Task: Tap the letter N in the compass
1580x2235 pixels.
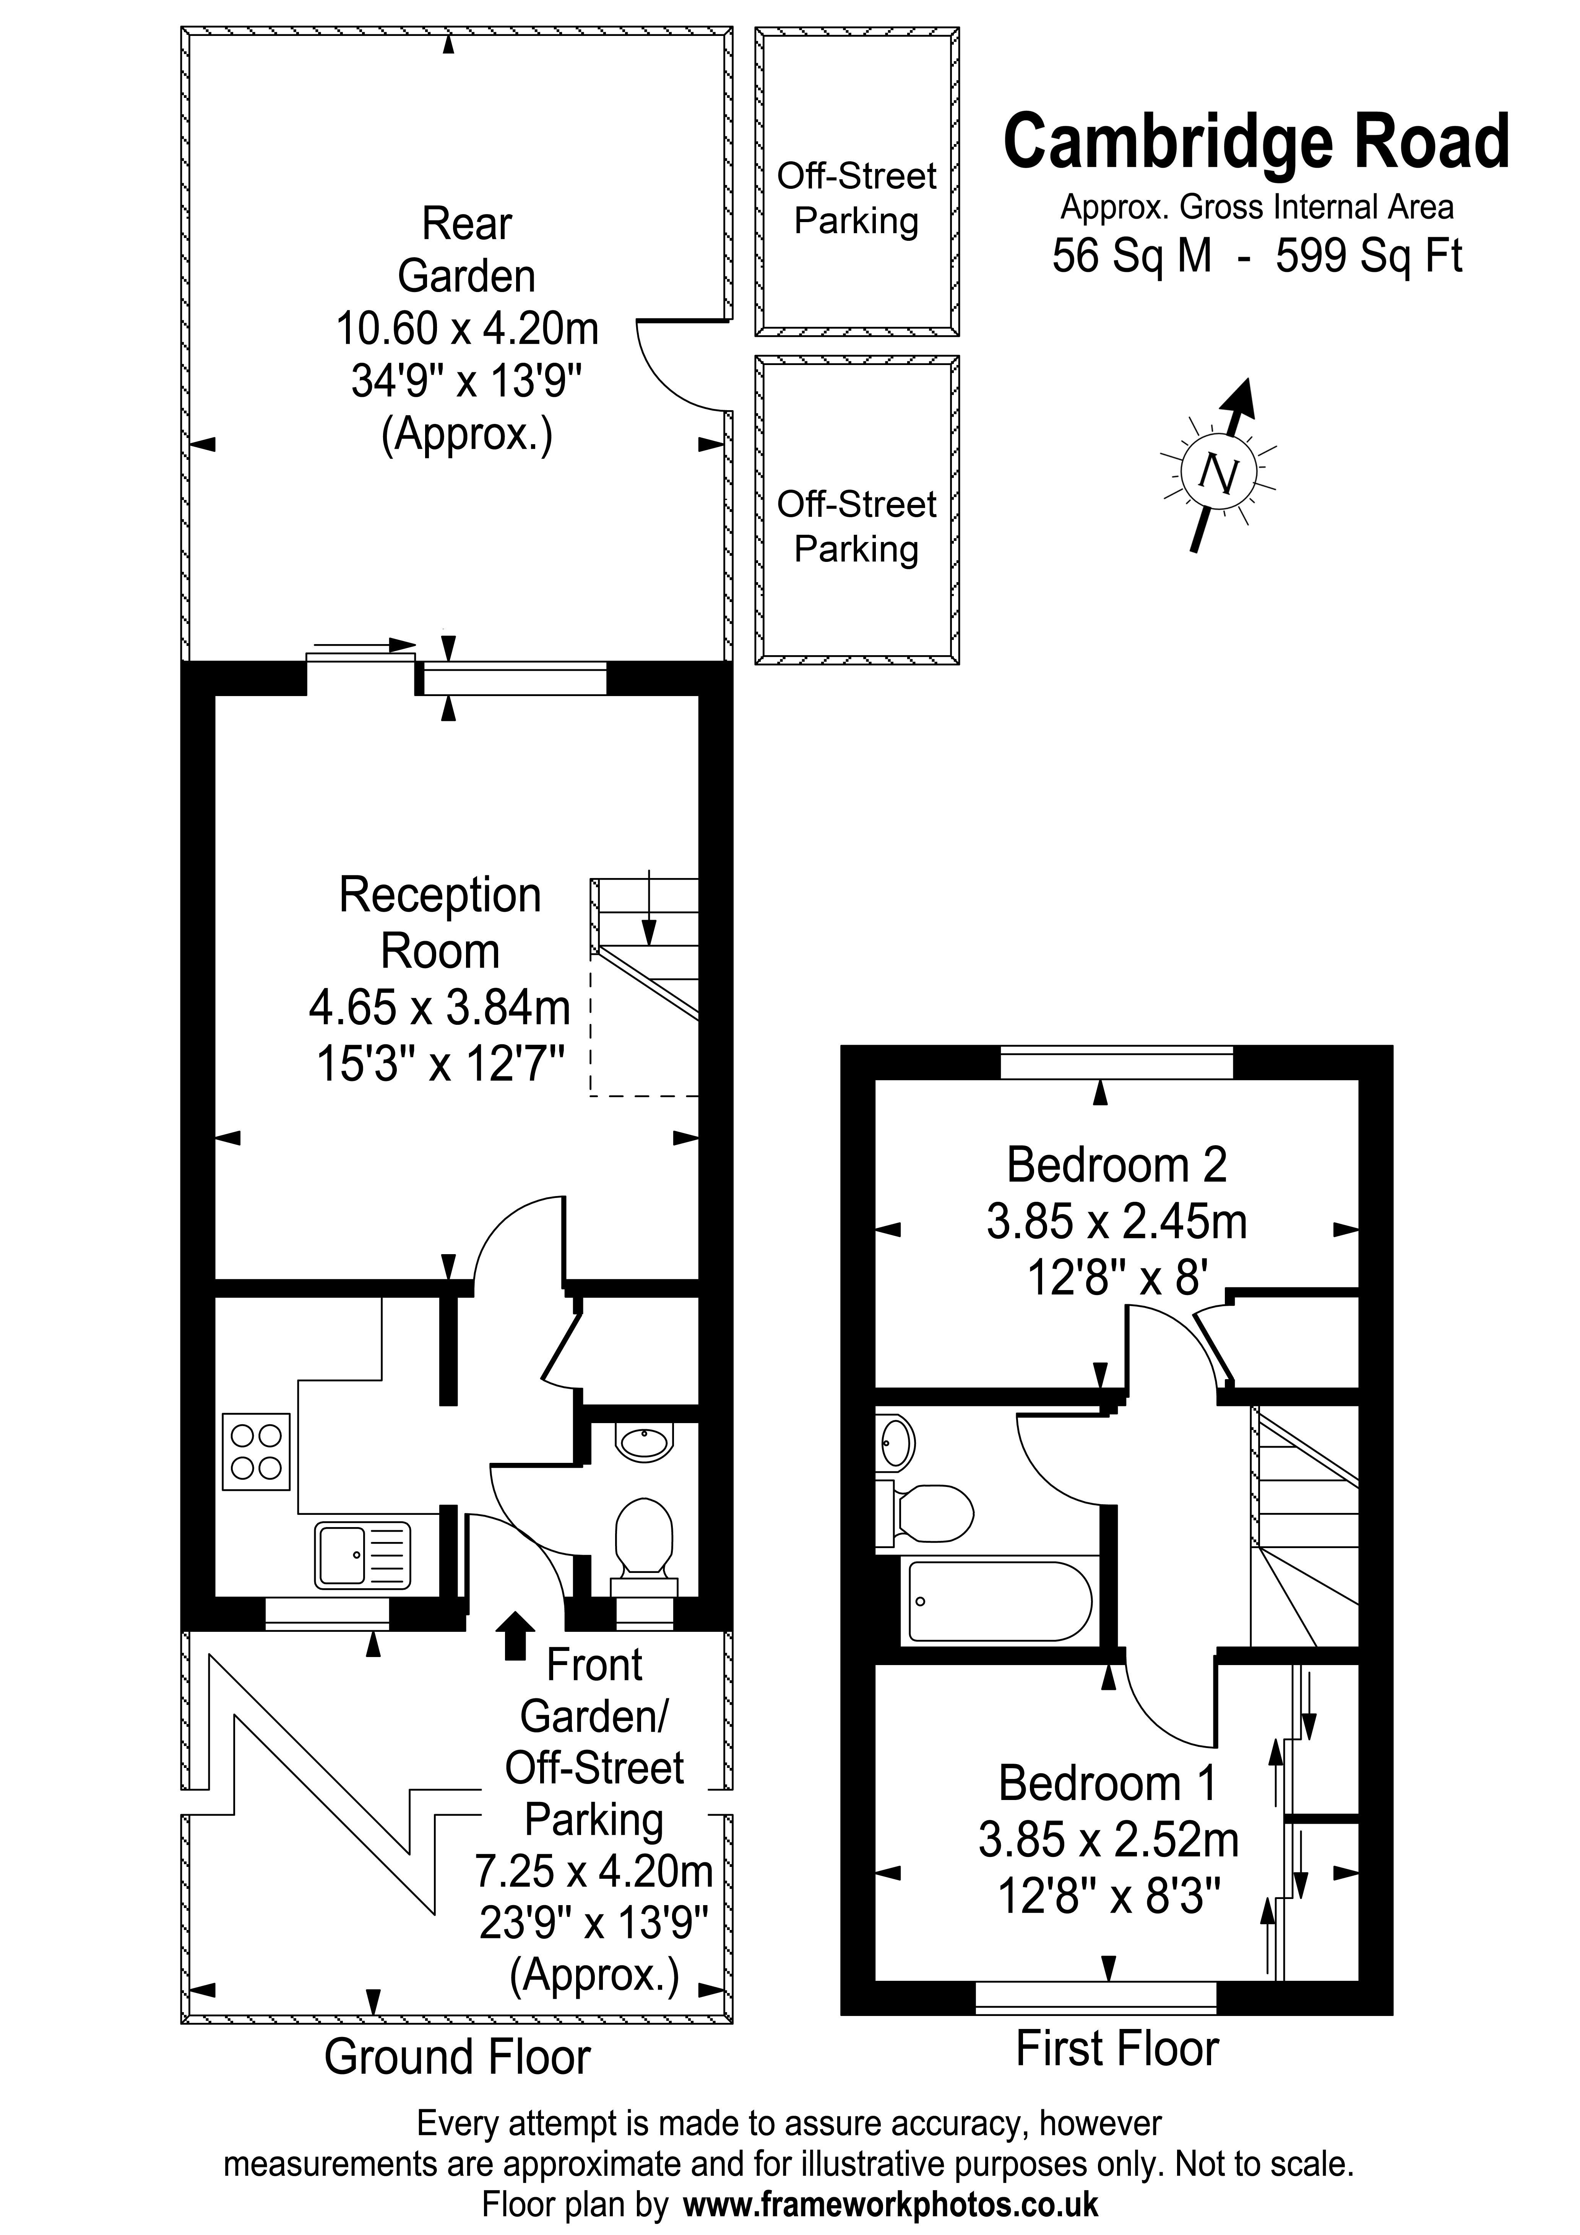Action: (1218, 474)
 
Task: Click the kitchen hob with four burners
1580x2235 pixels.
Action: (256, 1451)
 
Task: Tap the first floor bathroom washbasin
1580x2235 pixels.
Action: (896, 1443)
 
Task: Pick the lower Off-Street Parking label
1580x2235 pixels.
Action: (857, 527)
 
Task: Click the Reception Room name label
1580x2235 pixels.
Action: (440, 922)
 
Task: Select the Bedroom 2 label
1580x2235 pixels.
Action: (1117, 1164)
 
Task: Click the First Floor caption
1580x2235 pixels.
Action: (1117, 2048)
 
